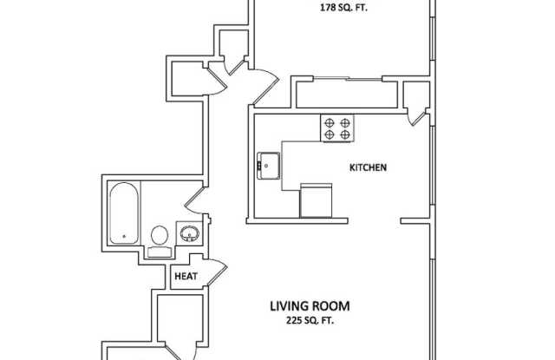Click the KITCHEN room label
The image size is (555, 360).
[x=367, y=167]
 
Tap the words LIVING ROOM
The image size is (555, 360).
[x=309, y=305]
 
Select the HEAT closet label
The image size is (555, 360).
[x=186, y=277]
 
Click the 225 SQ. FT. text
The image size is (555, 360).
[x=310, y=320]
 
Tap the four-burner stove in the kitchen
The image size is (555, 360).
[x=337, y=128]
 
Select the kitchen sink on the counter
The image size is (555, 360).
[x=268, y=164]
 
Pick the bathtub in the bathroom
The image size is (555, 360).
[x=123, y=213]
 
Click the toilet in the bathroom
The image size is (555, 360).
[x=160, y=237]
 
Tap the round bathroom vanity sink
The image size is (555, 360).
[x=190, y=232]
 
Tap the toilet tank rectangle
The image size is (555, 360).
[x=160, y=252]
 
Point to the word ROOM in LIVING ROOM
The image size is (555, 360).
[x=333, y=305]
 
